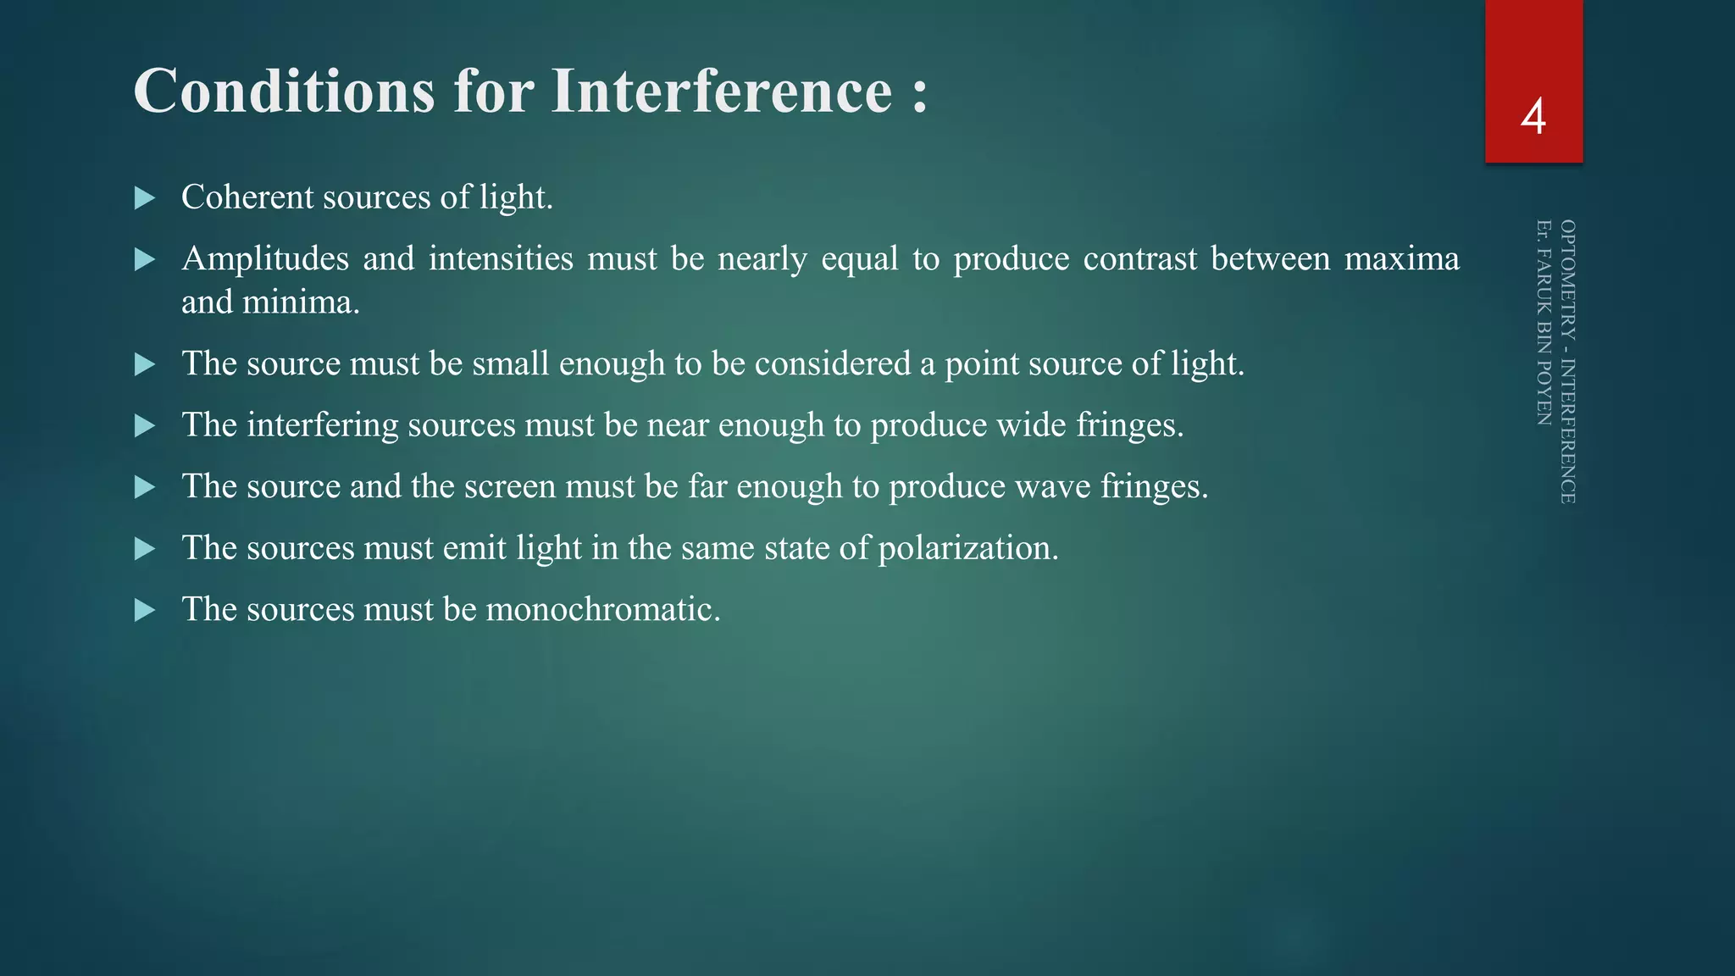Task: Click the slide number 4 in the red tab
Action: [x=1533, y=117]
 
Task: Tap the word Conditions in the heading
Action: [x=284, y=91]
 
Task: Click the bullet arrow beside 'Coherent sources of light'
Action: [x=145, y=199]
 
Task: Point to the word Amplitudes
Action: [x=264, y=259]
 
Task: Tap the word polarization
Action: [x=967, y=549]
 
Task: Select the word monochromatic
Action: [x=602, y=610]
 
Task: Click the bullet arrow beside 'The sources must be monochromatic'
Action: [x=145, y=611]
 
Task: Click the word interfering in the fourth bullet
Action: [x=322, y=425]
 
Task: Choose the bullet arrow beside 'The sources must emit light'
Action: [x=145, y=549]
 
